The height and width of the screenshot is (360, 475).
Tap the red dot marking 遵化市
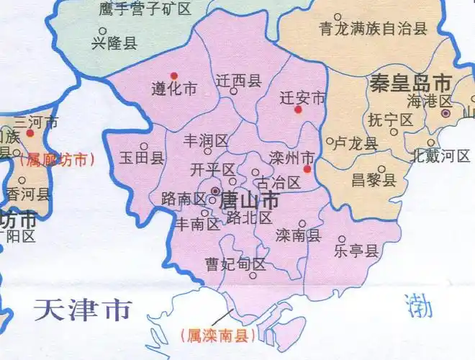173,76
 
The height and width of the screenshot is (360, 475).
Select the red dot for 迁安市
298,109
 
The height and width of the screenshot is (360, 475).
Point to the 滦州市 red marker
307,170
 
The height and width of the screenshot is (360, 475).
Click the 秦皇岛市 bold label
410,82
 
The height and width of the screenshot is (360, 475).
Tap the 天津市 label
83,310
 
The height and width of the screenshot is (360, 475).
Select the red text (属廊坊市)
58,160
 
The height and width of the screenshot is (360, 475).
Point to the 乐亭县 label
356,251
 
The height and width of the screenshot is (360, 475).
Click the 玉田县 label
142,158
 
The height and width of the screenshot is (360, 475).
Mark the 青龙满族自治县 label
374,29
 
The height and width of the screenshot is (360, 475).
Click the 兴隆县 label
114,43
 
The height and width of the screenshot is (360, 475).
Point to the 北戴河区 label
439,156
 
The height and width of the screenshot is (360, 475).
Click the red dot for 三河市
30,133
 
